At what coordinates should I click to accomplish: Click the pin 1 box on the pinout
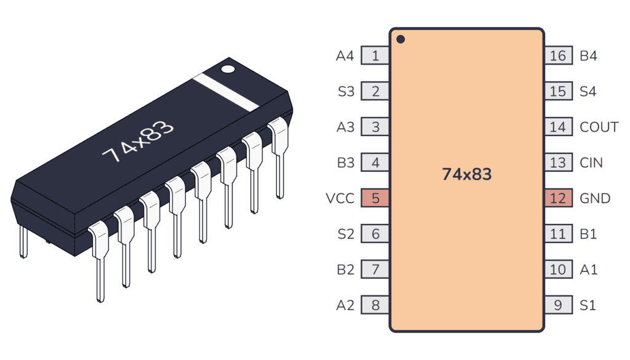coord(375,56)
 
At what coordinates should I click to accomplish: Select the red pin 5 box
coord(375,198)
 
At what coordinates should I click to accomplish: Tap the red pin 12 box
coord(558,198)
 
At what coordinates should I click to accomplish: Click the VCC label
coord(340,198)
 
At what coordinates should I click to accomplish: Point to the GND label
coord(595,198)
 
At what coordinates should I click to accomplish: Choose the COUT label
coord(599,127)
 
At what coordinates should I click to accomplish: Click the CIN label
coord(591,163)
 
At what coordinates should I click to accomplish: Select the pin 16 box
coord(558,56)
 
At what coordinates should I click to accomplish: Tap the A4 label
coord(345,56)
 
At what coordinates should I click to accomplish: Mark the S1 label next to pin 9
coord(588,305)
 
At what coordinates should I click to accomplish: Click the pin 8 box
coord(375,305)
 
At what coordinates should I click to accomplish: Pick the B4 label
coord(589,56)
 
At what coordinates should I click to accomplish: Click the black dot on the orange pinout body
coord(401,39)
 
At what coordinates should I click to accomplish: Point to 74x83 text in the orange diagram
coord(466,175)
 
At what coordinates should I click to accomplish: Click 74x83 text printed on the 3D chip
coord(138,142)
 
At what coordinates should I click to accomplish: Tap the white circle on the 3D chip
coord(228,68)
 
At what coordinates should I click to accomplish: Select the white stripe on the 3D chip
coord(226,93)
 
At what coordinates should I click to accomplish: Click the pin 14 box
coord(558,127)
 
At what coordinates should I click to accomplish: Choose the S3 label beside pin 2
coord(346,92)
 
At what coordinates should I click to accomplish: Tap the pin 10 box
coord(558,270)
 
